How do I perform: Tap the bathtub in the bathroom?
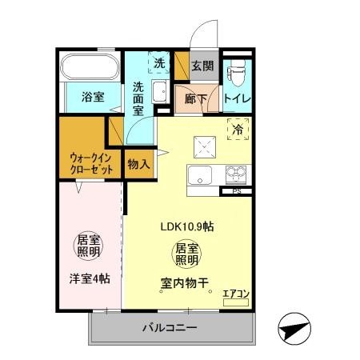tap(89, 66)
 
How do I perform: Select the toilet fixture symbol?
tap(235, 73)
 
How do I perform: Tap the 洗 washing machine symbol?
tap(159, 62)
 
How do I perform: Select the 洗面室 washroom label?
tap(138, 99)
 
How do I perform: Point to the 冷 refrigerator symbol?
tap(238, 127)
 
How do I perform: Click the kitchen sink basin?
tap(198, 175)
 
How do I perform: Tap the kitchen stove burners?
tap(237, 174)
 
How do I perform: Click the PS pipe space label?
tap(236, 191)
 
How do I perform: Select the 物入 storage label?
tap(138, 165)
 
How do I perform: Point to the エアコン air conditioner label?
tap(236, 294)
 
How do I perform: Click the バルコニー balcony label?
tap(170, 327)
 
